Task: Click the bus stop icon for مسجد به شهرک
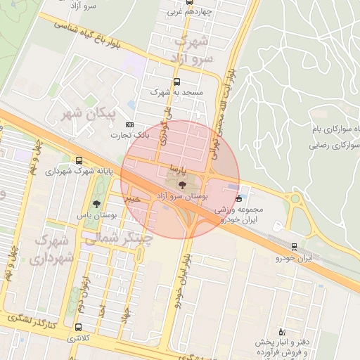(176, 82)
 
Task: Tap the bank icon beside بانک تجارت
(129, 124)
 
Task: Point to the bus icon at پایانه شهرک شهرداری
(78, 161)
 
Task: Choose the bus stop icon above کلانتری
(77, 327)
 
